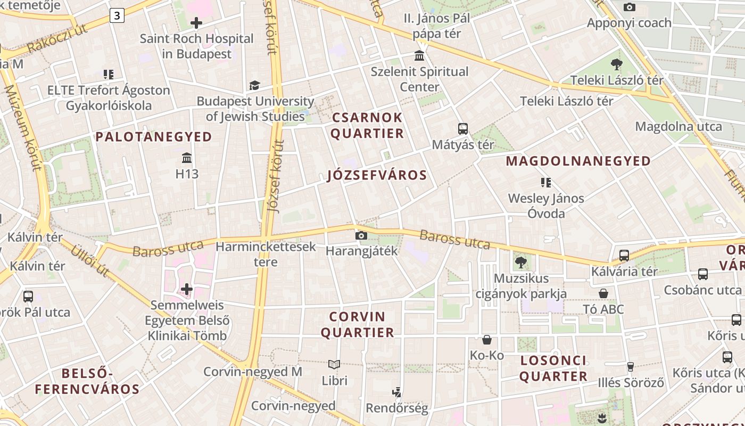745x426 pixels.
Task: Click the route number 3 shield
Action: (x=117, y=16)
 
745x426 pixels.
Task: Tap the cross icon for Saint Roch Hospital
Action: (x=196, y=23)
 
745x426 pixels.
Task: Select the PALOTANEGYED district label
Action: (x=154, y=137)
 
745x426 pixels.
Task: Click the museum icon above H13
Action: (x=187, y=158)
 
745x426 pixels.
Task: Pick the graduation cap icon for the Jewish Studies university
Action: (x=255, y=86)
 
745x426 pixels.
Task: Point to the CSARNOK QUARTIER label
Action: (x=368, y=125)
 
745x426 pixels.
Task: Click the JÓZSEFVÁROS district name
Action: (x=377, y=175)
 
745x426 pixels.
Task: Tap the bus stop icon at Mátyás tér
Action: (x=463, y=129)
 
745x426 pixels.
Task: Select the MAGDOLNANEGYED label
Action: (x=578, y=161)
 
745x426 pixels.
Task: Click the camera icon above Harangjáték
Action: (x=361, y=235)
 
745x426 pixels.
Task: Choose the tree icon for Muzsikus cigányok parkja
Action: (x=520, y=262)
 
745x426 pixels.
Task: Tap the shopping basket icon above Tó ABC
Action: (x=603, y=293)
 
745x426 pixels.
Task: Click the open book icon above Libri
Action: (x=334, y=365)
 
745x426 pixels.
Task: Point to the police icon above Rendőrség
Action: (x=396, y=393)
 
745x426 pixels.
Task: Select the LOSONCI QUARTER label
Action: (x=553, y=368)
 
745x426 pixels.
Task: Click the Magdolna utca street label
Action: (x=678, y=126)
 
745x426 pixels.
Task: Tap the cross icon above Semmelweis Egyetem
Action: (x=187, y=289)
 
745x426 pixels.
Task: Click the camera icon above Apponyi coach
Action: (x=630, y=7)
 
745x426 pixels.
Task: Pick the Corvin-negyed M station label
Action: (x=253, y=372)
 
